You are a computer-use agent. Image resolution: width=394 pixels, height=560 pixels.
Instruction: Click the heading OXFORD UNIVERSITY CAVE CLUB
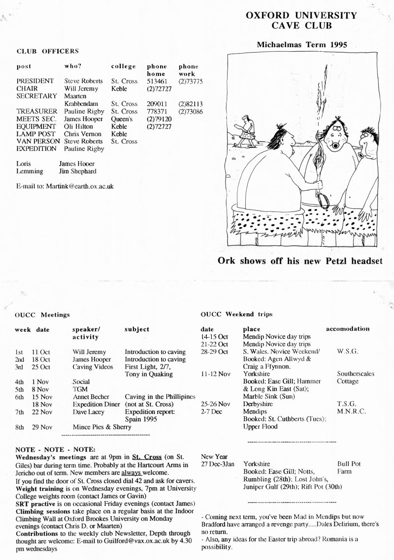301,20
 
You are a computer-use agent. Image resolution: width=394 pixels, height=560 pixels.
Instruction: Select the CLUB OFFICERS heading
48,51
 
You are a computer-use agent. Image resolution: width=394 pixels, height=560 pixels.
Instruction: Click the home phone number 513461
157,81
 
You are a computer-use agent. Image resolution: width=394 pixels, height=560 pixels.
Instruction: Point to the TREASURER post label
35,112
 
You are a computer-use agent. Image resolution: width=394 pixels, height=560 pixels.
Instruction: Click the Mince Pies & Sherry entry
102,427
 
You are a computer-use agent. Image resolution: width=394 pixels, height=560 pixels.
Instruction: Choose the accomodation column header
348,328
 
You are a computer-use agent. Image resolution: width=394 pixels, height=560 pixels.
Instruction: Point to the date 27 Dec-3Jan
218,464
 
